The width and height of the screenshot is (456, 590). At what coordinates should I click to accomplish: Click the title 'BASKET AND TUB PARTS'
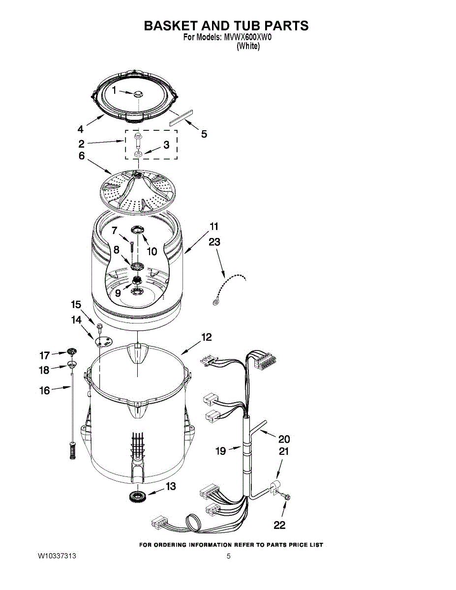[226, 26]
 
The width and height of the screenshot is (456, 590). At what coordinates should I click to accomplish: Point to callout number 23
[214, 242]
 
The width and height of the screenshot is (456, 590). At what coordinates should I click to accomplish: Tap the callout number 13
[170, 486]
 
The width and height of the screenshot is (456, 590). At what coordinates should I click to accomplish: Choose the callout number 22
[279, 526]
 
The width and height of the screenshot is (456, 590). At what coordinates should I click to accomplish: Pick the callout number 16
[45, 391]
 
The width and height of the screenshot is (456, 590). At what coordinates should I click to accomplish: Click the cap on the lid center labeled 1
[137, 93]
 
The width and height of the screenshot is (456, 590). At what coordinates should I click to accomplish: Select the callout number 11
[214, 227]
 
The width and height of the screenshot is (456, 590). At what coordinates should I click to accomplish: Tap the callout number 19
[221, 450]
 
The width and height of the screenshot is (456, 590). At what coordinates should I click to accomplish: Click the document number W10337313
[57, 557]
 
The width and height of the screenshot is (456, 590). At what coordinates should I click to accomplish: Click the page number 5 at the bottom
[229, 557]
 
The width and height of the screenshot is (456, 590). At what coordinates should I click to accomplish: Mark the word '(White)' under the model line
[248, 46]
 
